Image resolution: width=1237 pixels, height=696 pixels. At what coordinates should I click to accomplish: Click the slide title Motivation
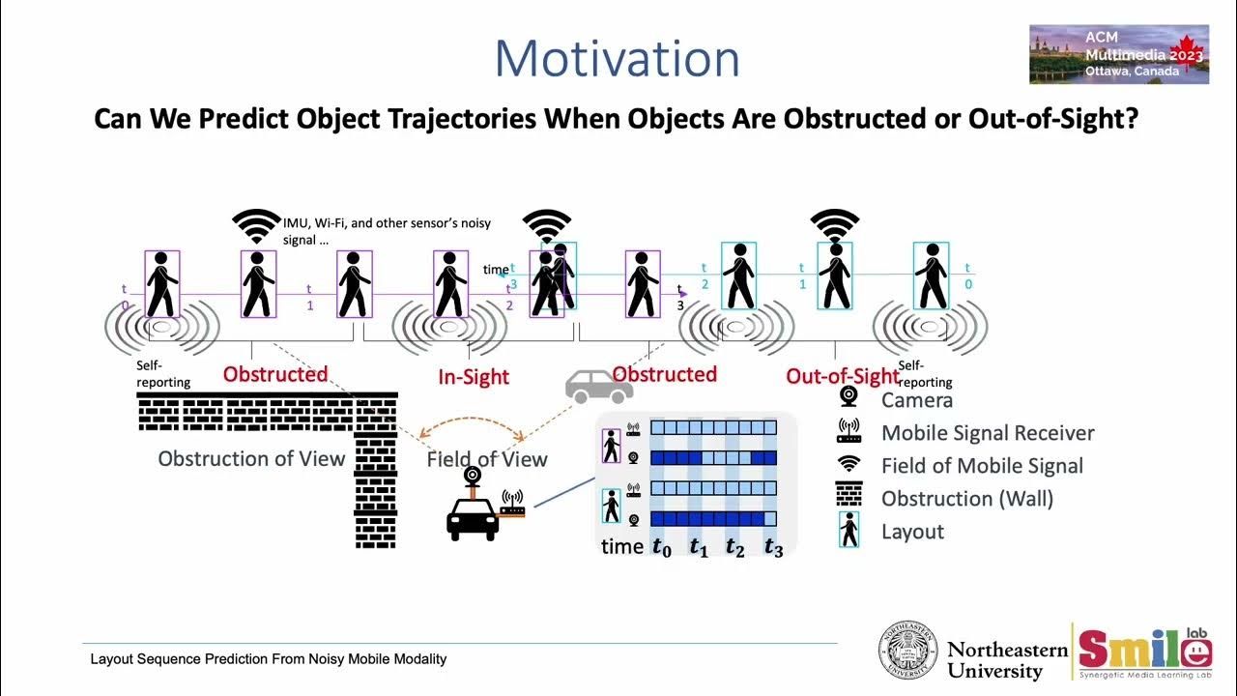click(617, 59)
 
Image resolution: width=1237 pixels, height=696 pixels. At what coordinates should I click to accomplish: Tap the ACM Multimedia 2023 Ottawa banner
click(1118, 54)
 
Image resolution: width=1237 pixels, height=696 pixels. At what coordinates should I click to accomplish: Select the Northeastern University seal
click(907, 650)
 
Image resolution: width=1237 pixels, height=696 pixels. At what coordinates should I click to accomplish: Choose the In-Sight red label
click(474, 377)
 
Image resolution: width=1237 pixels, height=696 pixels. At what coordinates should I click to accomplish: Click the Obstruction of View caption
click(251, 458)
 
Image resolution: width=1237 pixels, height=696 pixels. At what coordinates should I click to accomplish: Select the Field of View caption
click(487, 459)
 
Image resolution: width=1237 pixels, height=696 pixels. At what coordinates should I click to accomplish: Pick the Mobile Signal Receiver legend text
click(988, 433)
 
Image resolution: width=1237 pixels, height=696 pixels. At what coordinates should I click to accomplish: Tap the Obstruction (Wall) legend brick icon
click(849, 498)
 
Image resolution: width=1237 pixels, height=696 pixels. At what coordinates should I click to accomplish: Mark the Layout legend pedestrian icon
click(849, 531)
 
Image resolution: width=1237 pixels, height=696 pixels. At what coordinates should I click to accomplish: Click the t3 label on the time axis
click(773, 547)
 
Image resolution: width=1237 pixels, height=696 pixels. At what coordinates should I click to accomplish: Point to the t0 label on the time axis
click(661, 547)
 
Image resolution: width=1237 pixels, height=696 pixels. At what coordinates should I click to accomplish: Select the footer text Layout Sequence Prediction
click(269, 659)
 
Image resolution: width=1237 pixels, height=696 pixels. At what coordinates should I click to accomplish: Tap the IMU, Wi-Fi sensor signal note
click(387, 230)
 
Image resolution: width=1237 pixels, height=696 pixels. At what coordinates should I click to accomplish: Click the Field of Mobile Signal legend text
click(982, 466)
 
